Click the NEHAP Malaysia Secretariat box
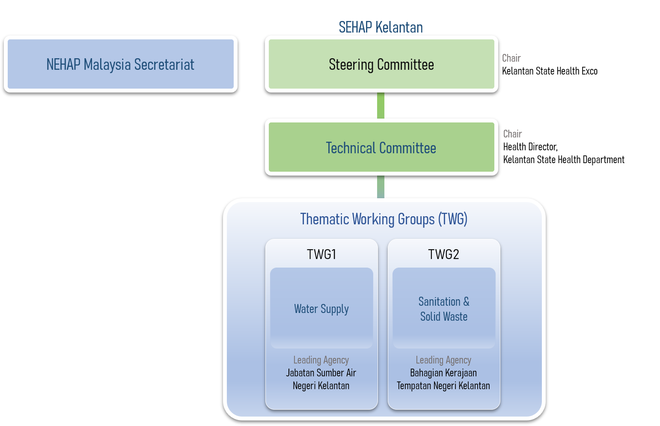coord(120,64)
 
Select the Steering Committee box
coord(381,64)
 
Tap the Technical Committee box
coord(381,148)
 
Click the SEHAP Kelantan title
coord(381,27)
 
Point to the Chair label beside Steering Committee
coord(511,58)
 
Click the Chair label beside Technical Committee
coord(512,134)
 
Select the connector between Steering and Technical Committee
coord(381,105)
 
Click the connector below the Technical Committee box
coord(381,187)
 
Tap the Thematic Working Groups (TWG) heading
coord(384,219)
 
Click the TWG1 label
coord(321,254)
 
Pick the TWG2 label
coord(443,254)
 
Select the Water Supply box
coord(321,308)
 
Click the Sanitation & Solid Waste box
coord(444,309)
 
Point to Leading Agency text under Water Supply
coord(321,360)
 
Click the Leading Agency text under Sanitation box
coord(443,360)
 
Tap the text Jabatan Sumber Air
coord(321,373)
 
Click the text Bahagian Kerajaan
coord(443,373)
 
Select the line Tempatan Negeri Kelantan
coord(443,386)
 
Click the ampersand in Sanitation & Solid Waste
coord(466,302)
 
